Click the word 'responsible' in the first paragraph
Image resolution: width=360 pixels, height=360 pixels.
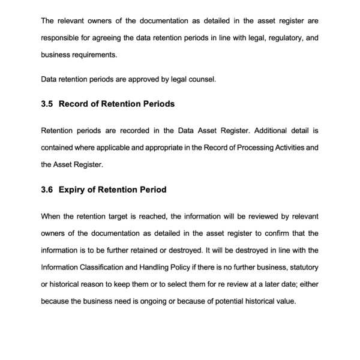(x=62, y=38)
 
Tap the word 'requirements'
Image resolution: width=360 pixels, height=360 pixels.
(x=95, y=55)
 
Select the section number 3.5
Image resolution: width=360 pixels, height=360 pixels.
(x=47, y=104)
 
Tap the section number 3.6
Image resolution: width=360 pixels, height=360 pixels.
(x=47, y=190)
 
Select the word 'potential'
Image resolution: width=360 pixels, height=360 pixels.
(x=226, y=301)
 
